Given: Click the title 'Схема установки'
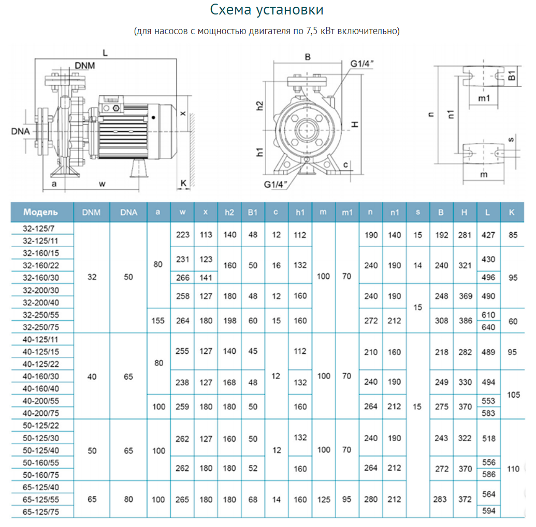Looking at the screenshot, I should (267, 10).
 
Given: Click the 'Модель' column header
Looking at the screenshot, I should (41, 212).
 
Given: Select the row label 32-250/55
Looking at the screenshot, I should (41, 314).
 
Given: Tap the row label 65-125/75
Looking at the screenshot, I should (41, 511).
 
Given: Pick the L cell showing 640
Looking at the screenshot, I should (488, 327).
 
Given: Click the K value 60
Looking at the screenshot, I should (513, 321).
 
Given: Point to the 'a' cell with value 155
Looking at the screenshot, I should (158, 321).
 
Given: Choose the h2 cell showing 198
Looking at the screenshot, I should (229, 321).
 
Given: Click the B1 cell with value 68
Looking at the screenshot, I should (253, 500).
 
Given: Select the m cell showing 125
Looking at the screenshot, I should (323, 500).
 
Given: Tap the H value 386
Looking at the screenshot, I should (465, 321).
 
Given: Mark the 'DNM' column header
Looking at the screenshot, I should (92, 212).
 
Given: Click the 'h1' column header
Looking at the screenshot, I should (300, 212).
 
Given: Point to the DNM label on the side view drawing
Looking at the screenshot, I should (85, 65).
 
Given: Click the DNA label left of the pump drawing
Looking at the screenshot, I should (20, 131).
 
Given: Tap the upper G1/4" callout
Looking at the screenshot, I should (361, 63).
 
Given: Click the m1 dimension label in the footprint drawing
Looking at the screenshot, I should (484, 98).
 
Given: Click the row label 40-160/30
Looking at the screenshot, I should (41, 376).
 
